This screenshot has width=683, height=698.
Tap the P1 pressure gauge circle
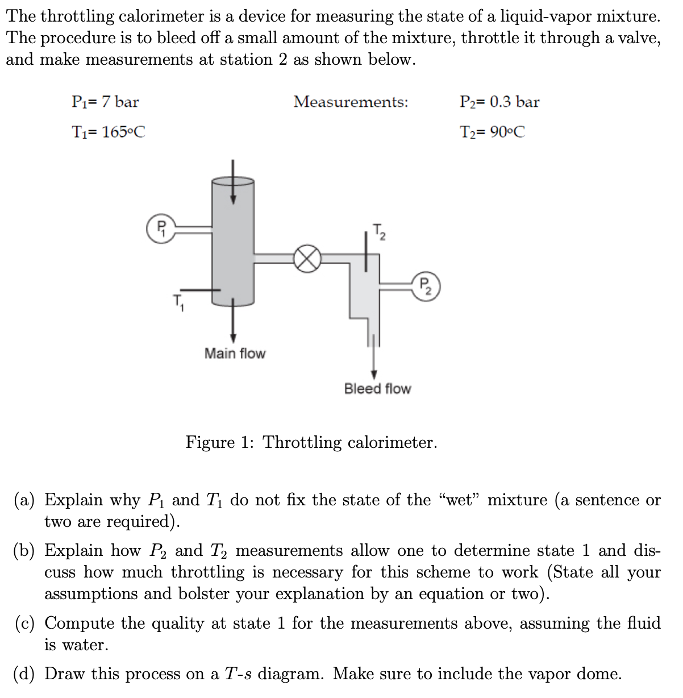pyautogui.click(x=161, y=228)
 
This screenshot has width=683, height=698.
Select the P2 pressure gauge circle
pyautogui.click(x=426, y=287)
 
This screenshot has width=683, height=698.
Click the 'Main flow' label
pyautogui.click(x=235, y=354)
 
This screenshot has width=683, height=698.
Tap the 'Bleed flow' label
pyautogui.click(x=377, y=389)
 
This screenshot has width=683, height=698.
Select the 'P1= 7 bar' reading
pyautogui.click(x=105, y=102)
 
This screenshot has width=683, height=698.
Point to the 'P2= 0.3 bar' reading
pyautogui.click(x=499, y=102)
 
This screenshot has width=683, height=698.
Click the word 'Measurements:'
pyautogui.click(x=351, y=102)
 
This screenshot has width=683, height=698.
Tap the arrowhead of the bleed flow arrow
pyautogui.click(x=374, y=374)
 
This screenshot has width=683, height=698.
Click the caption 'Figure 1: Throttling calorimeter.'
pyautogui.click(x=311, y=442)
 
